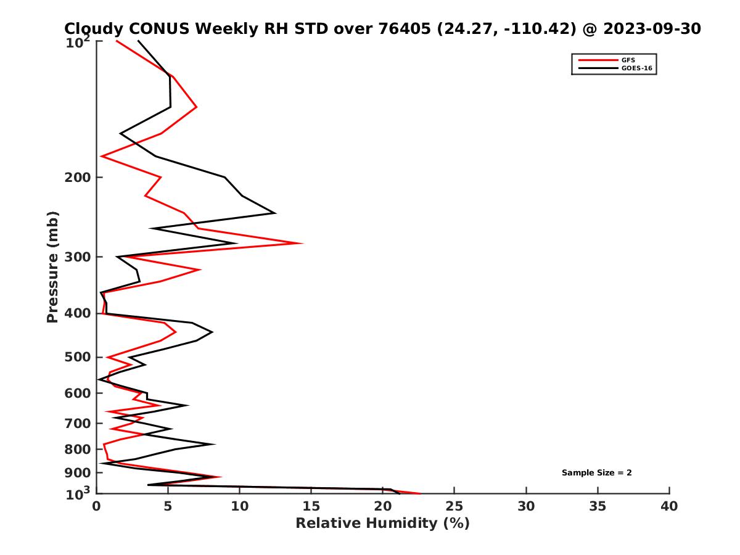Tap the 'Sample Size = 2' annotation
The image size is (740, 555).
pyautogui.click(x=596, y=473)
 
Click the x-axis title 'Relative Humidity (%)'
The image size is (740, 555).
pyautogui.click(x=382, y=524)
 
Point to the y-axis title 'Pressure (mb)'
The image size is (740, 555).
pyautogui.click(x=52, y=266)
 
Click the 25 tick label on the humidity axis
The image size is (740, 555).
pyautogui.click(x=454, y=506)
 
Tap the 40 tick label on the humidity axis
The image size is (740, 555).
pyautogui.click(x=669, y=506)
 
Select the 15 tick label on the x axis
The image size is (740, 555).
pyautogui.click(x=311, y=506)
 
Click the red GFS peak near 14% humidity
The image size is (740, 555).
pyautogui.click(x=302, y=243)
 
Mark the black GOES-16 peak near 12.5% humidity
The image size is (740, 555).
pyautogui.click(x=274, y=213)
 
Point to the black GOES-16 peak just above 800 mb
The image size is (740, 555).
pyautogui.click(x=214, y=444)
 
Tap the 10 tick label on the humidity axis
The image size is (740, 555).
pyautogui.click(x=239, y=506)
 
